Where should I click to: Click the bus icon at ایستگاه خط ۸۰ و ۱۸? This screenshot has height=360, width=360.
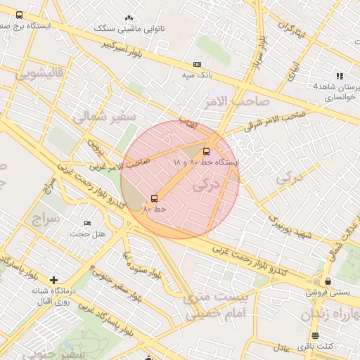tap(206, 151)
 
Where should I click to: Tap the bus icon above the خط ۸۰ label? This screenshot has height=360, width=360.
tap(154, 198)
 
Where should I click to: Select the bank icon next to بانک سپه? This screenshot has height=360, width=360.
tap(196, 64)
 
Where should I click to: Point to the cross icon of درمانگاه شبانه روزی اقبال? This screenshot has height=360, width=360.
tap(53, 280)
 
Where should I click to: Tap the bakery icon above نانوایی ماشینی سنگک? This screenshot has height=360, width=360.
tap(128, 18)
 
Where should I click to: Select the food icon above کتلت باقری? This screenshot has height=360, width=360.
tap(314, 335)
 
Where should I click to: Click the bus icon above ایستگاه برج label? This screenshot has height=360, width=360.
tap(18, 15)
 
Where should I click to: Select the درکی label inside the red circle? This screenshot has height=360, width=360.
tap(205, 185)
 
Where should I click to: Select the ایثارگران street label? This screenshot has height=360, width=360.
tap(293, 32)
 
